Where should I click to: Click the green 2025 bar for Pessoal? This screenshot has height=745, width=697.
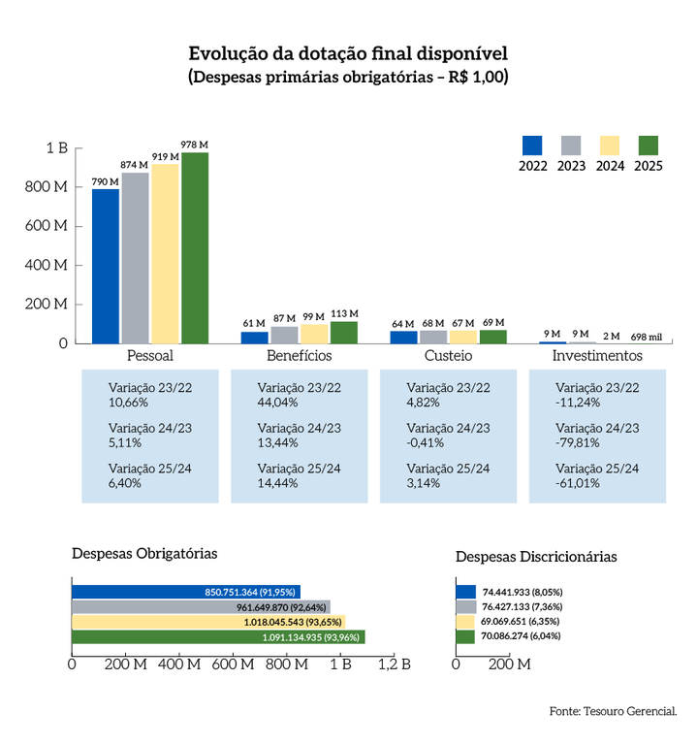point(195,248)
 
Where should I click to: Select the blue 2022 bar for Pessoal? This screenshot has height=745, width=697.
point(106,266)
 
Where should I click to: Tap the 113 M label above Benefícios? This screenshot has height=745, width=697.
point(344,313)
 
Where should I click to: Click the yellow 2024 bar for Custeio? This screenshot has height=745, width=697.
point(463,337)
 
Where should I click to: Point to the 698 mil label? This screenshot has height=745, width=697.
point(646,336)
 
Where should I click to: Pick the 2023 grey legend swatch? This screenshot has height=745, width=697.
point(571,146)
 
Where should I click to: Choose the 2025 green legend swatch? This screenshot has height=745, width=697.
point(649,146)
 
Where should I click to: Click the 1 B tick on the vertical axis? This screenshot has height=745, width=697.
point(56,148)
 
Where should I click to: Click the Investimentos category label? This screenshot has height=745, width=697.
point(597,356)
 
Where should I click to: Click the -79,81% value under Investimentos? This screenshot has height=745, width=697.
point(577,442)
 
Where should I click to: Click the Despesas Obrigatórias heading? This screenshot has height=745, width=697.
point(144,553)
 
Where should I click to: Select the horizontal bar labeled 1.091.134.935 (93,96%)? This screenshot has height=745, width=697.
point(218,637)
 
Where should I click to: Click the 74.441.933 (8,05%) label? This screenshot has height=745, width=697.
point(522,591)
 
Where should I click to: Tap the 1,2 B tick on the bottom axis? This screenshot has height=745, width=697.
point(394,665)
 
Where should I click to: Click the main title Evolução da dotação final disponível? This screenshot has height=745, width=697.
point(348,52)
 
